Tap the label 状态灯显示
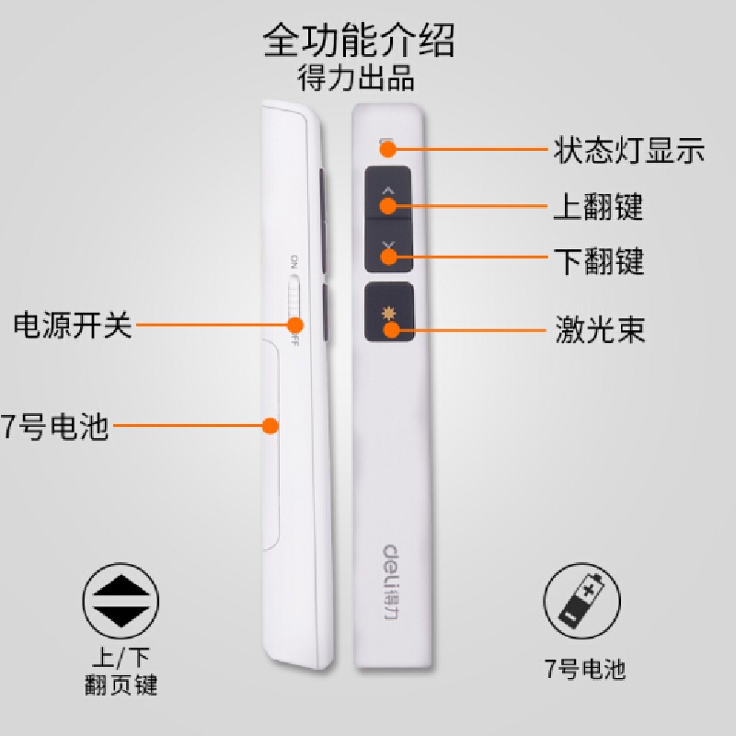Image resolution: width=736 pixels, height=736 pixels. pos(629,149)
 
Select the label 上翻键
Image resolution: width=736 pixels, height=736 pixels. pos(597,206)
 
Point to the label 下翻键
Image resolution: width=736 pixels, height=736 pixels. pos(598,261)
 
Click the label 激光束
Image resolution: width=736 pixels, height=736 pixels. pos(599,328)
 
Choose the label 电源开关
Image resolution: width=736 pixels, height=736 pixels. pos(73,325)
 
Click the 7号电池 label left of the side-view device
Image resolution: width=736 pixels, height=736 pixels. pos(55,427)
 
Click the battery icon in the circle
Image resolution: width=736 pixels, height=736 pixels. pos(582,602)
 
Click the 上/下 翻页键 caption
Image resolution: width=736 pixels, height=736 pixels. pos(121,672)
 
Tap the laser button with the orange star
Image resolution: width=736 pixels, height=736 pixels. pos(388,314)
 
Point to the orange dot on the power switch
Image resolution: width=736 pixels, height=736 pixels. pos(295,324)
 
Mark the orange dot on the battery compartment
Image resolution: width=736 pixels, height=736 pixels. pos(270,426)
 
